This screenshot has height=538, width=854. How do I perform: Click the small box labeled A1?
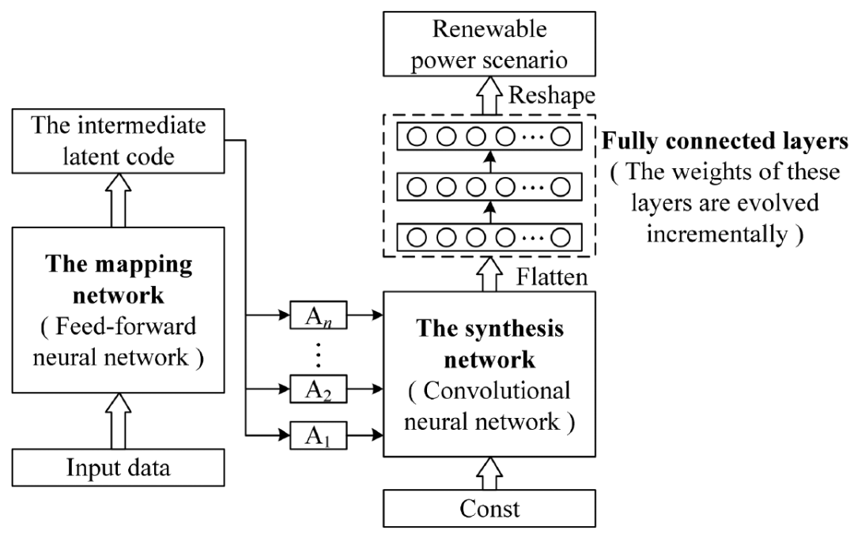pyautogui.click(x=314, y=434)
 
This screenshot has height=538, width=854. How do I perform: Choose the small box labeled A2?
pyautogui.click(x=314, y=389)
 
